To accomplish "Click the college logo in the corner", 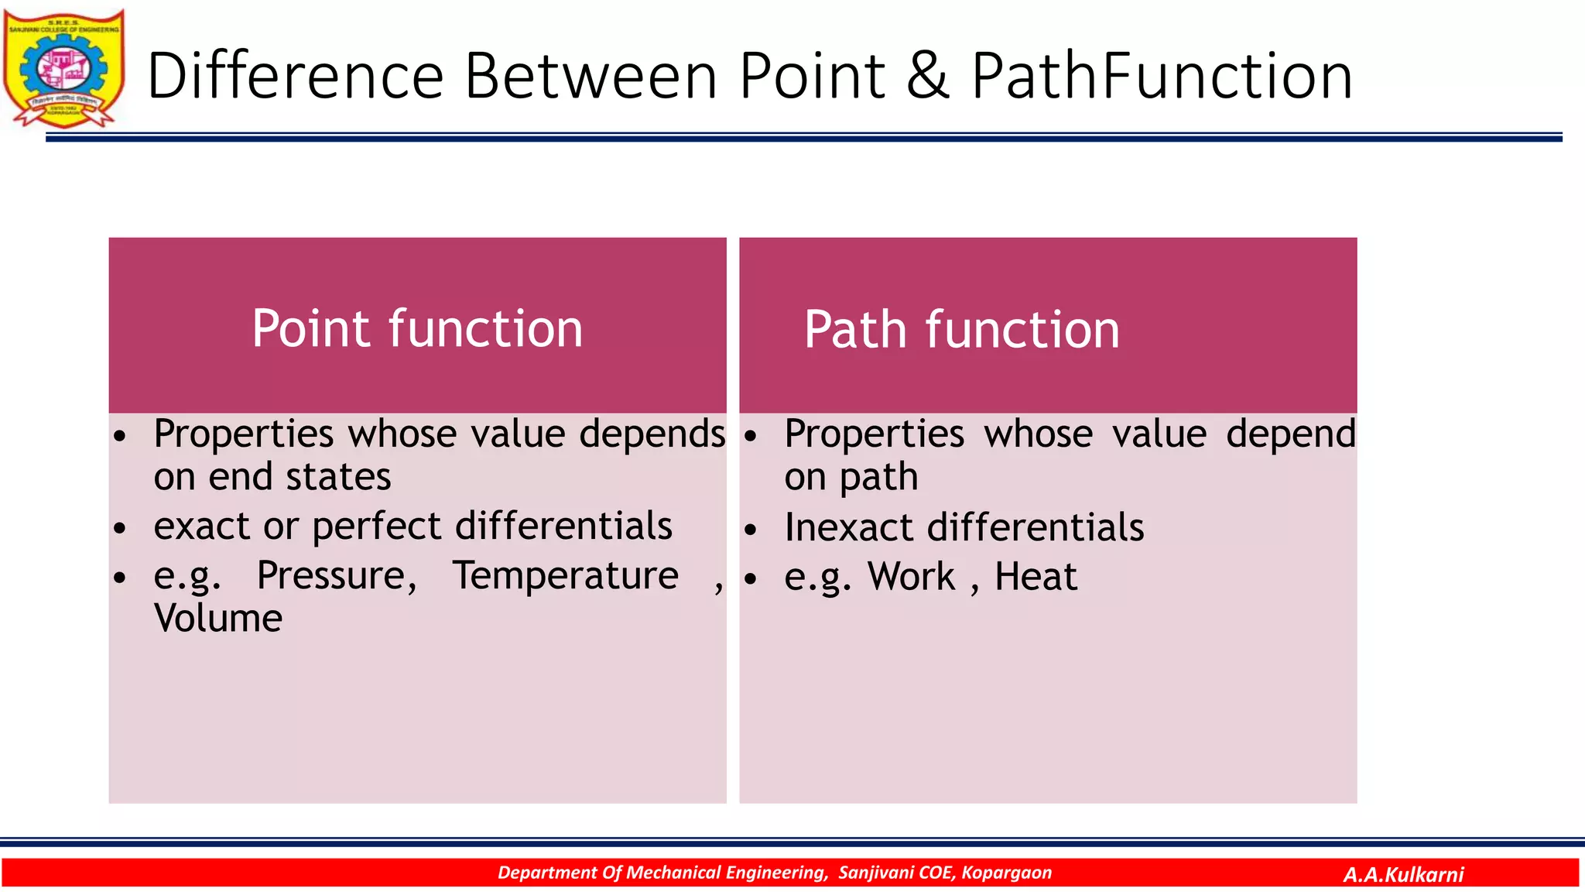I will coord(63,68).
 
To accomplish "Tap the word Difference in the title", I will coord(295,76).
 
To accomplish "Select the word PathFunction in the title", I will coord(1161,76).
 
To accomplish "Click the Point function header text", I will coord(417,329).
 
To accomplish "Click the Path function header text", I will coord(961,331).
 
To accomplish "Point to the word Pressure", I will coord(337,576).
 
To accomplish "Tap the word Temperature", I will coord(565,576).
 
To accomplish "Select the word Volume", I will coord(218,619).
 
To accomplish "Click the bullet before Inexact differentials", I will coord(750,530).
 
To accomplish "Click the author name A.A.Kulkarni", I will coord(1403,875).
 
